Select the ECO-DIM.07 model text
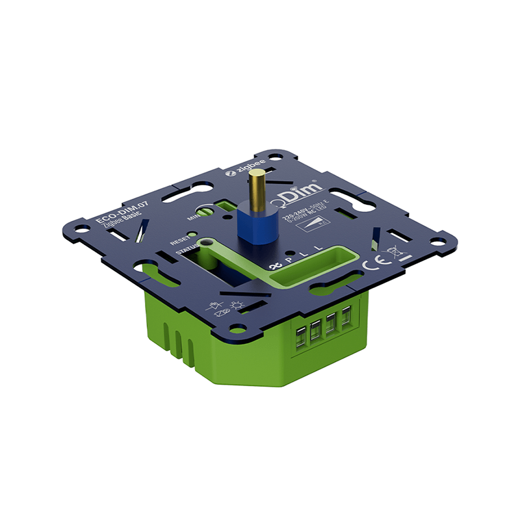(x=114, y=211)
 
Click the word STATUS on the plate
(x=185, y=248)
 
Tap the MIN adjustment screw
(x=205, y=211)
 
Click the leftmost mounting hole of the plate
(x=83, y=229)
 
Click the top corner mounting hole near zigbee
(x=276, y=157)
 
